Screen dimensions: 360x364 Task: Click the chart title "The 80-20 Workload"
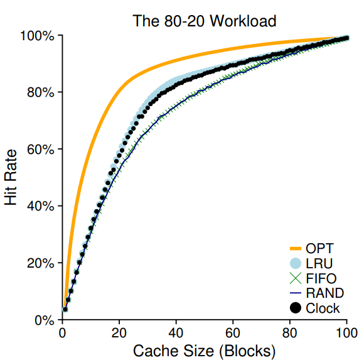pos(205,21)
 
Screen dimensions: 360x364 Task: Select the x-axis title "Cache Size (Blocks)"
pos(204,350)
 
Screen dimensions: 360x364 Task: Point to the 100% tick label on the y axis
pos(38,36)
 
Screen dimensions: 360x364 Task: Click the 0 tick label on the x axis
pos(62,332)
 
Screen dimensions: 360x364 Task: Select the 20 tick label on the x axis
pos(119,332)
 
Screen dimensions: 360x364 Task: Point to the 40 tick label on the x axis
pos(176,332)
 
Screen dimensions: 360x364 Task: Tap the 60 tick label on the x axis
pos(233,332)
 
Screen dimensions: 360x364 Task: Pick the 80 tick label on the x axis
pos(291,332)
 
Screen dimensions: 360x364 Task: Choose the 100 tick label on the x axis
pos(347,332)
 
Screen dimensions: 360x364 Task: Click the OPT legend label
pos(319,248)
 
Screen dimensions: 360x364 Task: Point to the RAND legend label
pos(324,293)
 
